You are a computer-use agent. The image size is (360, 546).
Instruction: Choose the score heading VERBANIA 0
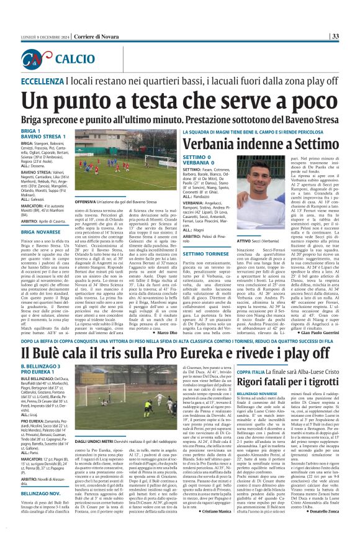197,164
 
